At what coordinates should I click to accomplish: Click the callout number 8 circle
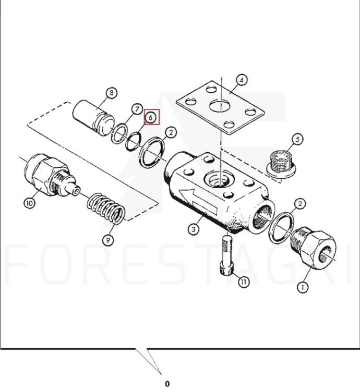point(111,93)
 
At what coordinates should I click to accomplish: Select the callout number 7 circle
point(137,109)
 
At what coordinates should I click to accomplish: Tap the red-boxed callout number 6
point(151,117)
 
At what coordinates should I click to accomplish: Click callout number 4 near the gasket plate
point(242,80)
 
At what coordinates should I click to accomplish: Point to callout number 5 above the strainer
point(297,139)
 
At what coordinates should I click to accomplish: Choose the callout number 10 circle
point(30,203)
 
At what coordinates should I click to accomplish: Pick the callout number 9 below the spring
point(108,240)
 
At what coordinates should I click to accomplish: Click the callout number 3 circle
point(194,229)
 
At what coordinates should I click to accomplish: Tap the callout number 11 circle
point(244,282)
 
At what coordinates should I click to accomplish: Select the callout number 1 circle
point(303,288)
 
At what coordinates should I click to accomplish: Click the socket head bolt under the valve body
point(227,255)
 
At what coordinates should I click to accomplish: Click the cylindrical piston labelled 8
point(93,118)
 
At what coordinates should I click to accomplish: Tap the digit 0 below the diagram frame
point(167,384)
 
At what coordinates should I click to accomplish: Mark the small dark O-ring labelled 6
point(134,142)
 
